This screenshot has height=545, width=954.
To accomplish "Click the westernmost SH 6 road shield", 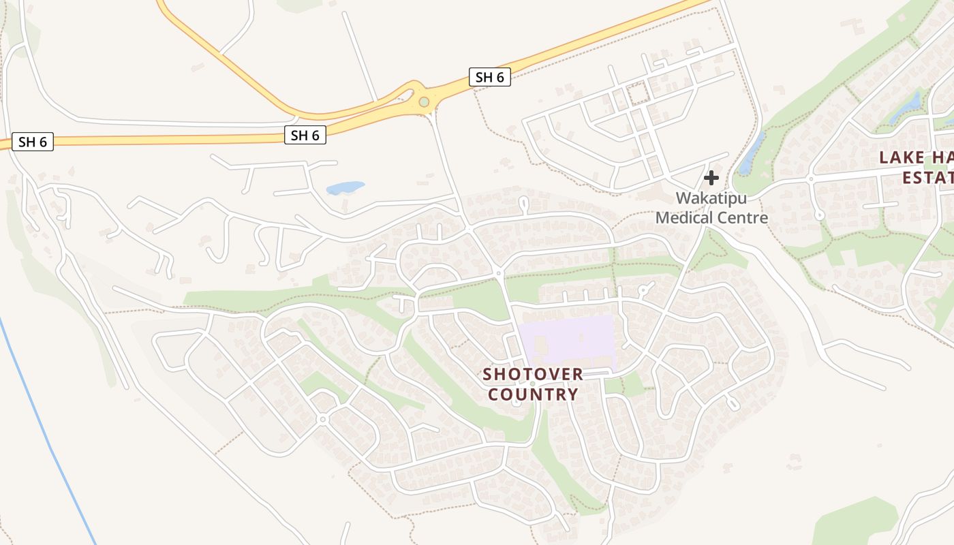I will point(33,142).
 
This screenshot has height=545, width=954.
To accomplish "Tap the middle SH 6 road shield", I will point(305,135).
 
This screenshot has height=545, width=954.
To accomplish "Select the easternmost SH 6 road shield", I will point(489,77).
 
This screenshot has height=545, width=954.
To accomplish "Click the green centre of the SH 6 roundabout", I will point(424,102).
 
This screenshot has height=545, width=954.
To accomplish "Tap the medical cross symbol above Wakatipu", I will point(711,178).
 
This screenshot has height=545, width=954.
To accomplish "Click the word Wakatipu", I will point(711,198).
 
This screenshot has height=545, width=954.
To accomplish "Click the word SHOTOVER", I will point(533,374).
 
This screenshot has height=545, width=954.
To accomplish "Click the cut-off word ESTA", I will point(927,178).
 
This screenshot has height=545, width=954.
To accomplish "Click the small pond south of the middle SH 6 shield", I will point(345,187).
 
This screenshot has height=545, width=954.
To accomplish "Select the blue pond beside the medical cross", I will point(752,153).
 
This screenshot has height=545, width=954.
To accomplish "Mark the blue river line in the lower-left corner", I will point(48,436).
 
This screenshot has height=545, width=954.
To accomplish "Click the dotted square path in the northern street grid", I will point(638,93).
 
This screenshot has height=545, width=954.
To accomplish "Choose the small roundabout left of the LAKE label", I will point(810,179).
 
